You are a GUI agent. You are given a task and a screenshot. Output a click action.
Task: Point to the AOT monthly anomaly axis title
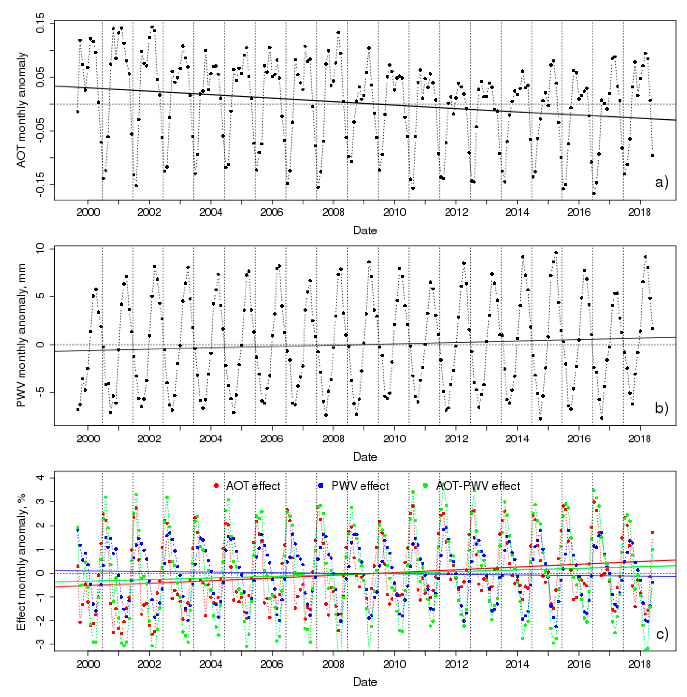tap(22, 110)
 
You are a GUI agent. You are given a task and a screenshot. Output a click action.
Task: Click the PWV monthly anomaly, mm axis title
tap(22, 335)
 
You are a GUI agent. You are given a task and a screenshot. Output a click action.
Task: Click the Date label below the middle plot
tap(365, 457)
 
